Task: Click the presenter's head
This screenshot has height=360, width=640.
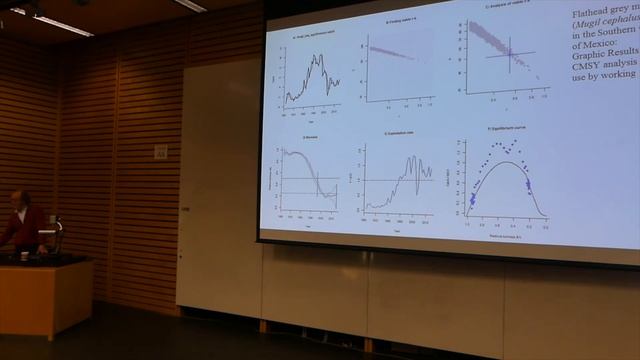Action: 21,198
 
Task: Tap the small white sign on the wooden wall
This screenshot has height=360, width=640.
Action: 161,151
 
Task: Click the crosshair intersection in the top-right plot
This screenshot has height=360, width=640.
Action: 509,52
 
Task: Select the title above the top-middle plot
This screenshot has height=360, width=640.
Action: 401,20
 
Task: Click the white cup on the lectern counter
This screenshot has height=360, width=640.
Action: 24,255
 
